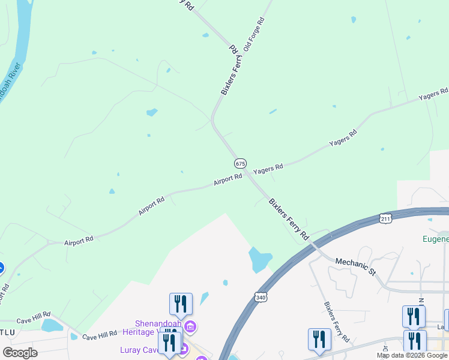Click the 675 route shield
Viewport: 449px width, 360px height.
[240, 163]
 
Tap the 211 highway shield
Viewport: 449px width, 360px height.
[386, 219]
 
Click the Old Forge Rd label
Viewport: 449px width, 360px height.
[253, 34]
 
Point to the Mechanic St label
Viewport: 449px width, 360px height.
[355, 266]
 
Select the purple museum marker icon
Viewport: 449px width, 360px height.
[190, 327]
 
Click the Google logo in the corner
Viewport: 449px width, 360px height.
[20, 352]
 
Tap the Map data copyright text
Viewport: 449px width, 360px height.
[412, 355]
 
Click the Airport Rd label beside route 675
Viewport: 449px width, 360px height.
[228, 179]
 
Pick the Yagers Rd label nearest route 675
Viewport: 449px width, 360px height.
[268, 170]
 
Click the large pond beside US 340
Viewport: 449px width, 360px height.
[260, 259]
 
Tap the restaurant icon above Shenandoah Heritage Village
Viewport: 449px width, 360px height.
[181, 304]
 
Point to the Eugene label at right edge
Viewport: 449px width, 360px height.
[435, 239]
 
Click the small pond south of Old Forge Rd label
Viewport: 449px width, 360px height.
[273, 112]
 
